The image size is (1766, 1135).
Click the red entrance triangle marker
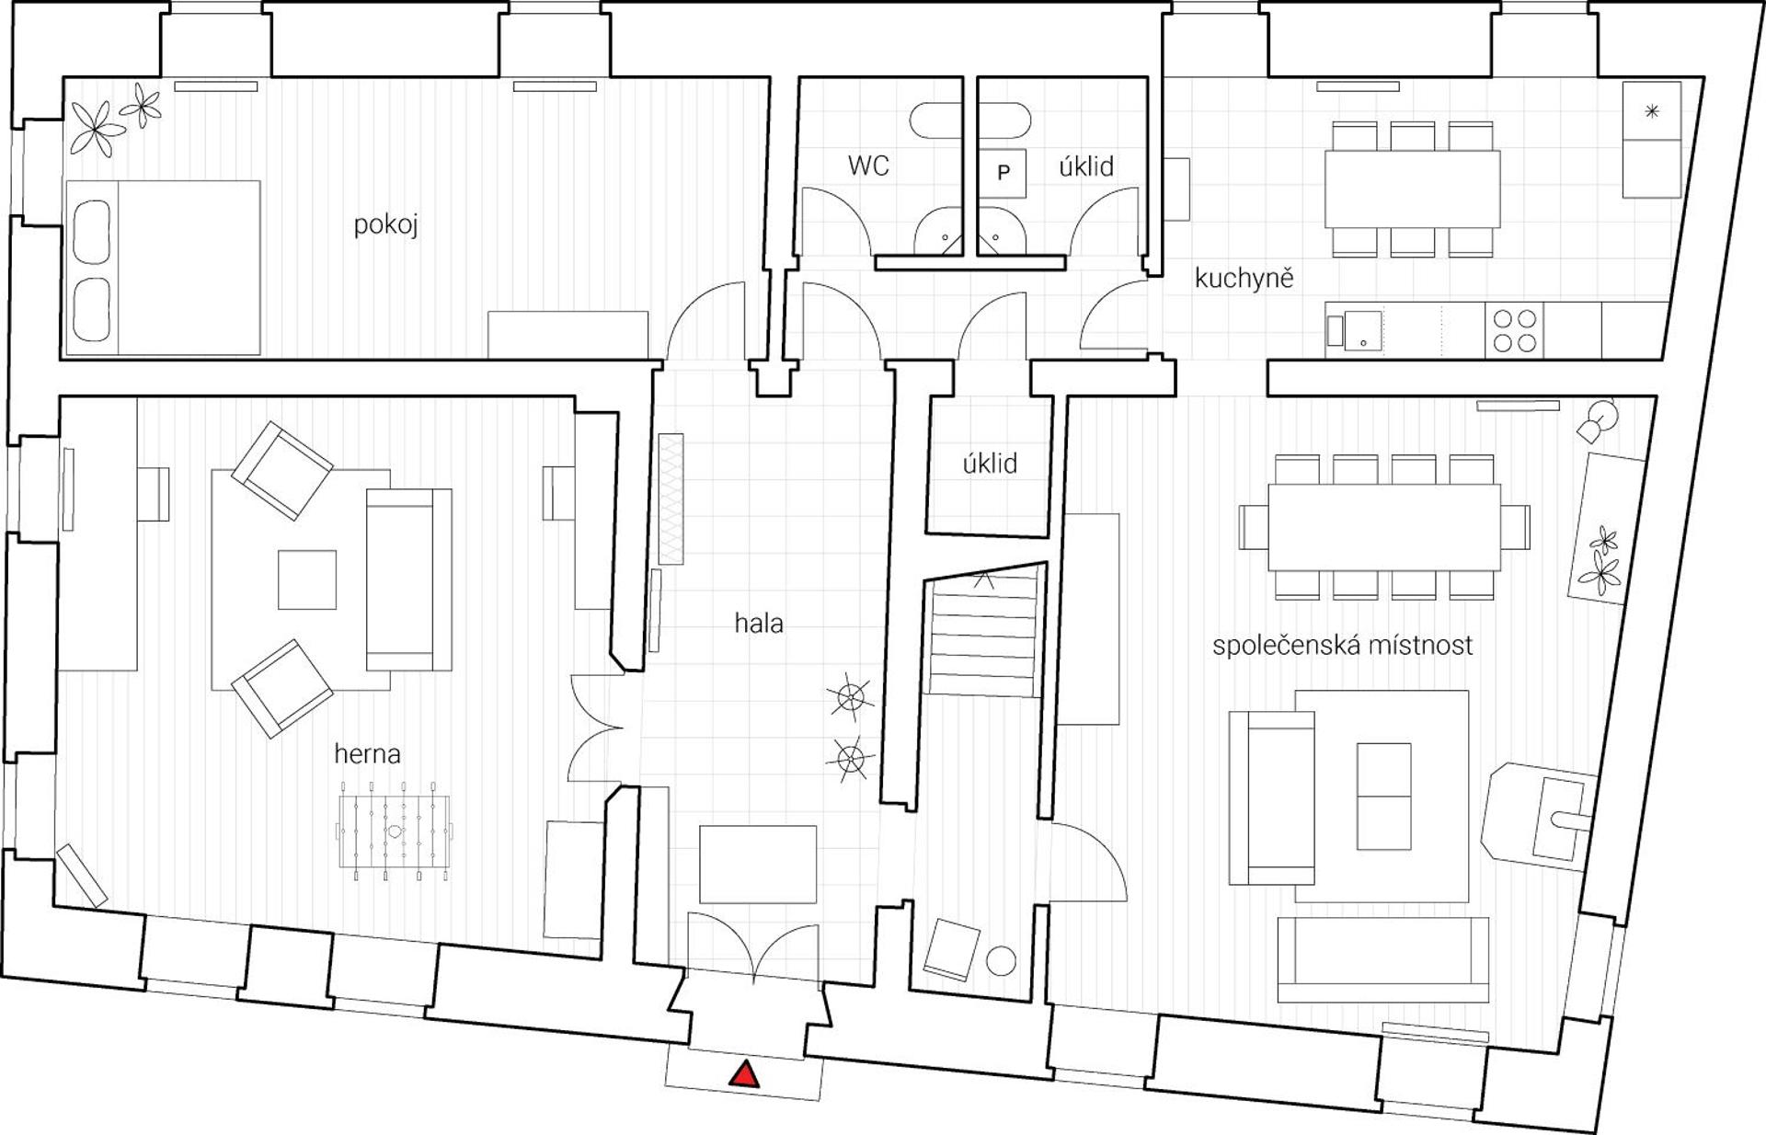(744, 1074)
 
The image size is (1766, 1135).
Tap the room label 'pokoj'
(386, 225)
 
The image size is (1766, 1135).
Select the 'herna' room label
(368, 754)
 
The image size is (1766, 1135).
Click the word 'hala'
(759, 623)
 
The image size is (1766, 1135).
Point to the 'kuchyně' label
(1244, 277)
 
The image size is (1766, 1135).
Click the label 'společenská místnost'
(1342, 645)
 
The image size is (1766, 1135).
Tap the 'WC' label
(868, 166)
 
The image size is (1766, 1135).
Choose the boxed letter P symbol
(1003, 173)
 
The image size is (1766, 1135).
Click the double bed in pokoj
(163, 268)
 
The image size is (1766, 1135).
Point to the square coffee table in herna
(307, 579)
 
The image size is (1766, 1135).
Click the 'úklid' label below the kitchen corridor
(990, 464)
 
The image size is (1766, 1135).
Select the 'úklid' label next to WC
(1086, 166)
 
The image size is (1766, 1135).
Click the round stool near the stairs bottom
(1002, 961)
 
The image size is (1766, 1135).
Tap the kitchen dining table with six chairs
(1412, 189)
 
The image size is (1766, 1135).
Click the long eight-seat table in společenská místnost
(1384, 527)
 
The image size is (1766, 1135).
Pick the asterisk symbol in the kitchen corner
(1652, 112)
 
